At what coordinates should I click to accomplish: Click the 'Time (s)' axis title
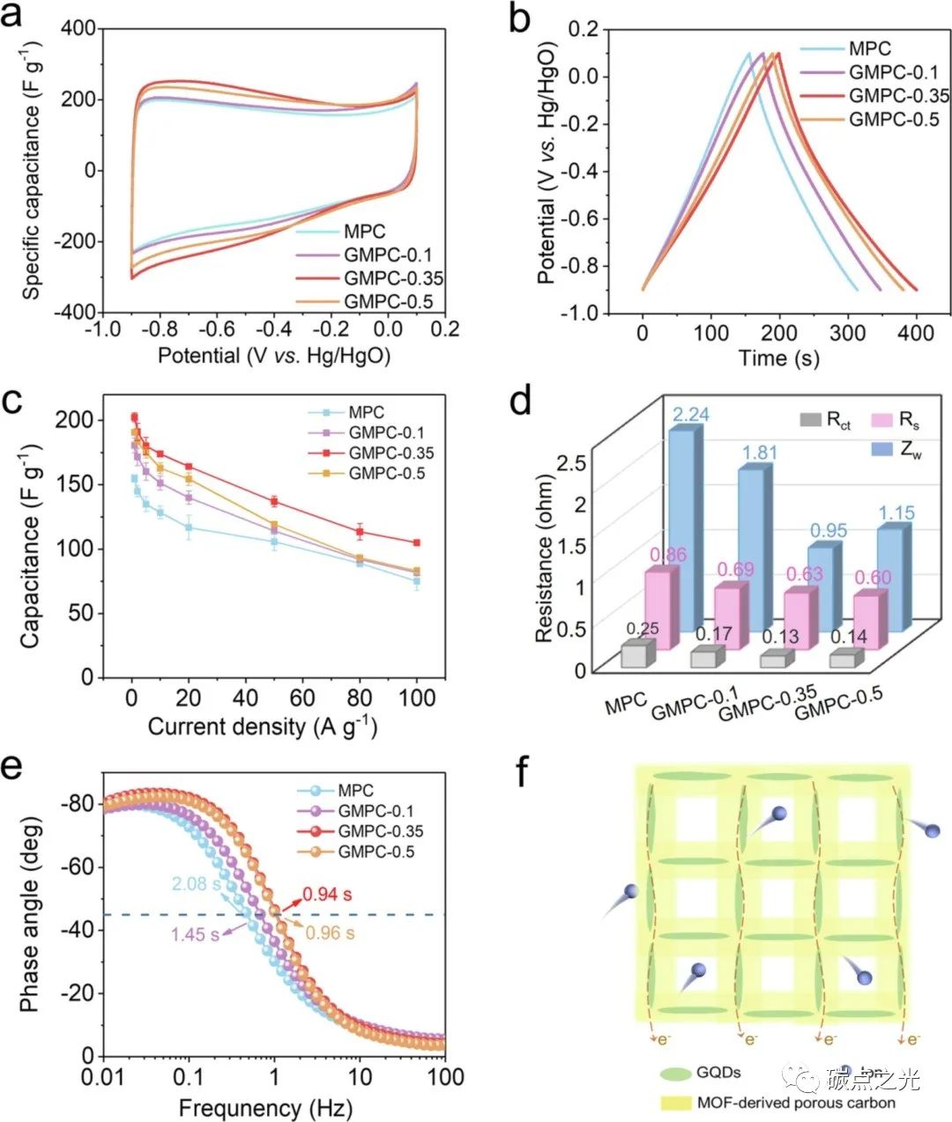coord(779,358)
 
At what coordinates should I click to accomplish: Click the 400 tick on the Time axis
coord(916,333)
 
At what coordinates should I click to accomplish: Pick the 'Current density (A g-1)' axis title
coord(262,727)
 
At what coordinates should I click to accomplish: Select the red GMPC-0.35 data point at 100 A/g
coord(416,543)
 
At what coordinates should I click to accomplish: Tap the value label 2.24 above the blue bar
coord(691,414)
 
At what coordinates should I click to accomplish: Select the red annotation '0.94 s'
coord(327,895)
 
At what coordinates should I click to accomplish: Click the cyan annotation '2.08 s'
coord(196,883)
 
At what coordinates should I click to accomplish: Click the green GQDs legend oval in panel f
coord(675,1074)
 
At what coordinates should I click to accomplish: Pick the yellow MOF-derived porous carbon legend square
coord(675,1103)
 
